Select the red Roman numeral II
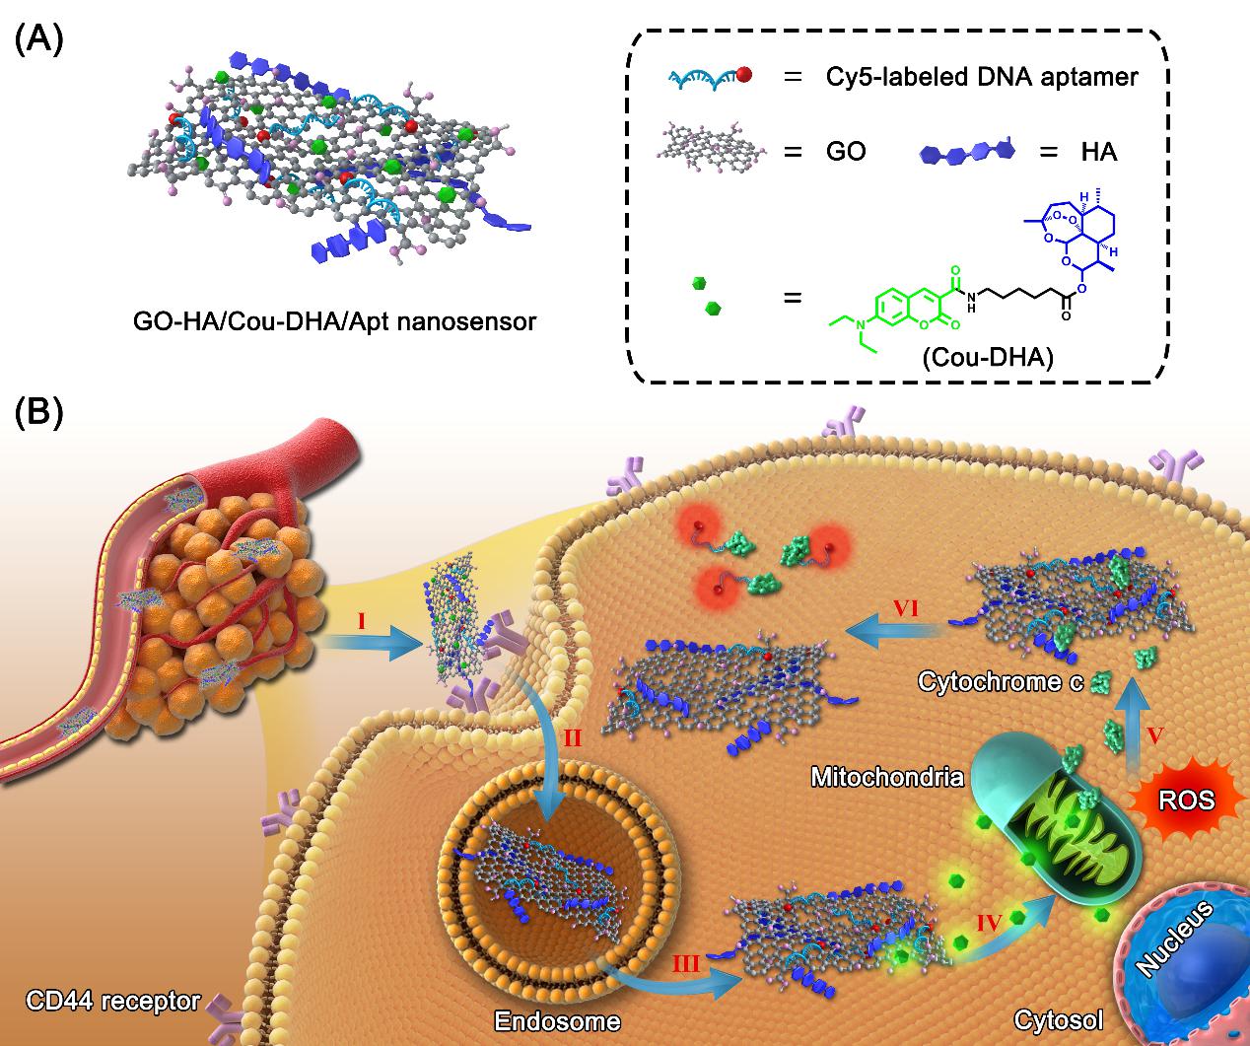click(572, 735)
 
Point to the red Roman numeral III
click(686, 962)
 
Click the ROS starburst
click(1187, 800)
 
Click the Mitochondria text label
click(886, 777)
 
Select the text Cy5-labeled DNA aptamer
click(982, 77)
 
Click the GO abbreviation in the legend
click(846, 153)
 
